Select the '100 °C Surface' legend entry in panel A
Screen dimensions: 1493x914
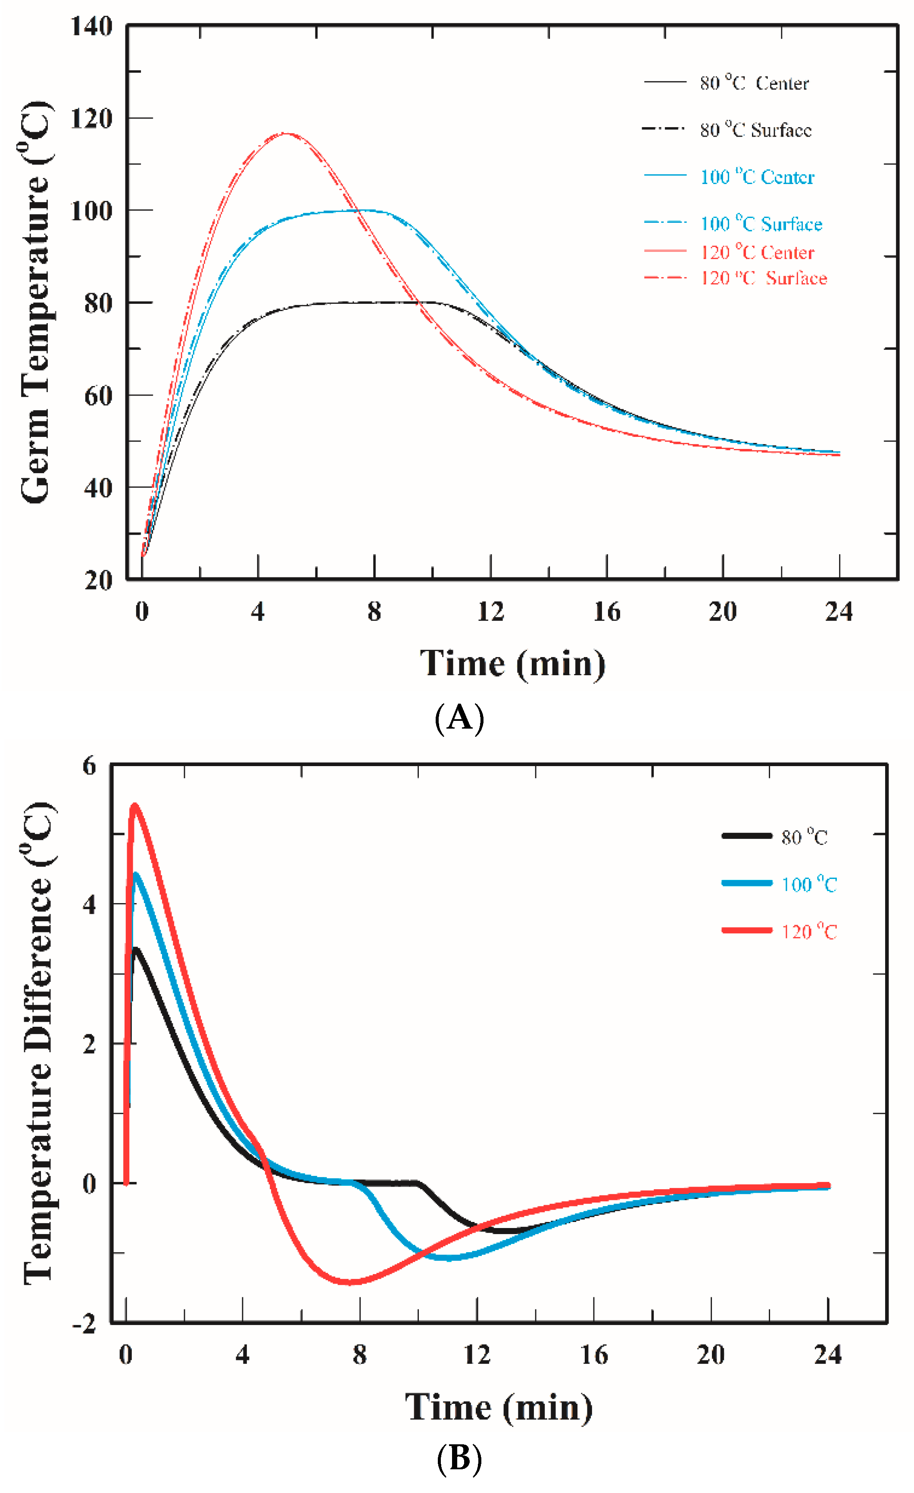click(761, 224)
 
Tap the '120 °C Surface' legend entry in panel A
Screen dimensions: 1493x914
click(762, 278)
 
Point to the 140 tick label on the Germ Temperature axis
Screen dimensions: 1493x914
click(91, 27)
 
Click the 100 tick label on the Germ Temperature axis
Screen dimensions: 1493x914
click(91, 212)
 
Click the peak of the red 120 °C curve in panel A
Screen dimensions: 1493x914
click(284, 133)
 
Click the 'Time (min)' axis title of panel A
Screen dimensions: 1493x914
click(513, 664)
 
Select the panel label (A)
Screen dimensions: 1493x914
click(459, 719)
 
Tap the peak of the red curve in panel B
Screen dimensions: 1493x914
click(134, 806)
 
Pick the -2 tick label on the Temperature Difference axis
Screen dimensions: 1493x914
click(85, 1325)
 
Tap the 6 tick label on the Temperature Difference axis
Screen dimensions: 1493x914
click(89, 766)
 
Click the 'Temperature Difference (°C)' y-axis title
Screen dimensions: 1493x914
click(37, 1042)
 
